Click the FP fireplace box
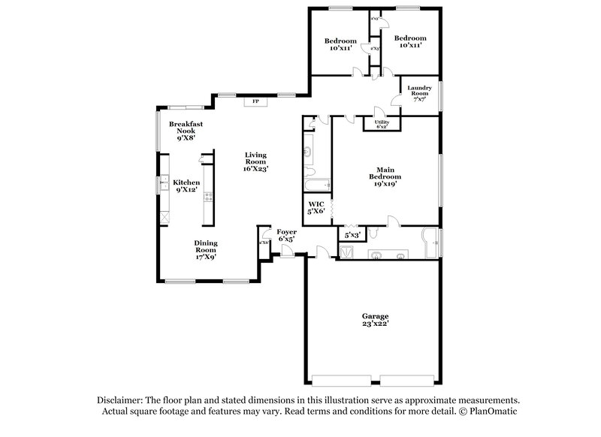(x=255, y=100)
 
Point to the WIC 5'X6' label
(x=316, y=207)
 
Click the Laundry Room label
(x=420, y=92)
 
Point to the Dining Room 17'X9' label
(x=207, y=249)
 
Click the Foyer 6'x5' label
(x=286, y=236)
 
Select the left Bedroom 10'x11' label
(x=340, y=44)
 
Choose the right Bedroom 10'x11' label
(x=411, y=42)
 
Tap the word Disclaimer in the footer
(x=122, y=401)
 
